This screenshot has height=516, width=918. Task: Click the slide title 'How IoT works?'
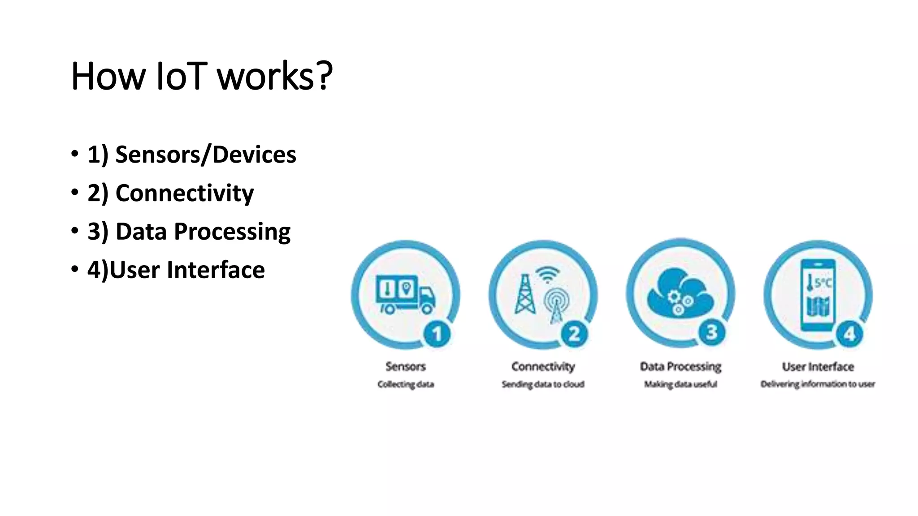[202, 76]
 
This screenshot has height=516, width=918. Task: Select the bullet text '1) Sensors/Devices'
[191, 155]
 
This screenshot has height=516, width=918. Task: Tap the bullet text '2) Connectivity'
[170, 193]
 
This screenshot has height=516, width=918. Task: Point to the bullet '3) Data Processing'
[189, 232]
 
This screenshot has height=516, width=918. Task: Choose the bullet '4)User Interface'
[176, 270]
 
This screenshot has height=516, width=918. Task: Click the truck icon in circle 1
[405, 294]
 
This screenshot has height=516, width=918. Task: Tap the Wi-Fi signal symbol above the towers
[548, 274]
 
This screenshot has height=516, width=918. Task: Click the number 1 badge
[437, 334]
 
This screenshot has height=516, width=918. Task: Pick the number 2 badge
[575, 334]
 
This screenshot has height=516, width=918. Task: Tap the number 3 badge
[712, 332]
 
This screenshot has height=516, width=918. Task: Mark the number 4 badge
[849, 334]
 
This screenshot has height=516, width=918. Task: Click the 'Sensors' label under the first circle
[406, 366]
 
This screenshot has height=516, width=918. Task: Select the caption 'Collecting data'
[406, 384]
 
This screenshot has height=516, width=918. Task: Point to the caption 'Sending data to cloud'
[543, 384]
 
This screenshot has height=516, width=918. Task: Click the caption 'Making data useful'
[680, 384]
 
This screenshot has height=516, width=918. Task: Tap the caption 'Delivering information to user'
[818, 384]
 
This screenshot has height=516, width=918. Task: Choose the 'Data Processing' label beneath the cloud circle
[680, 366]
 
